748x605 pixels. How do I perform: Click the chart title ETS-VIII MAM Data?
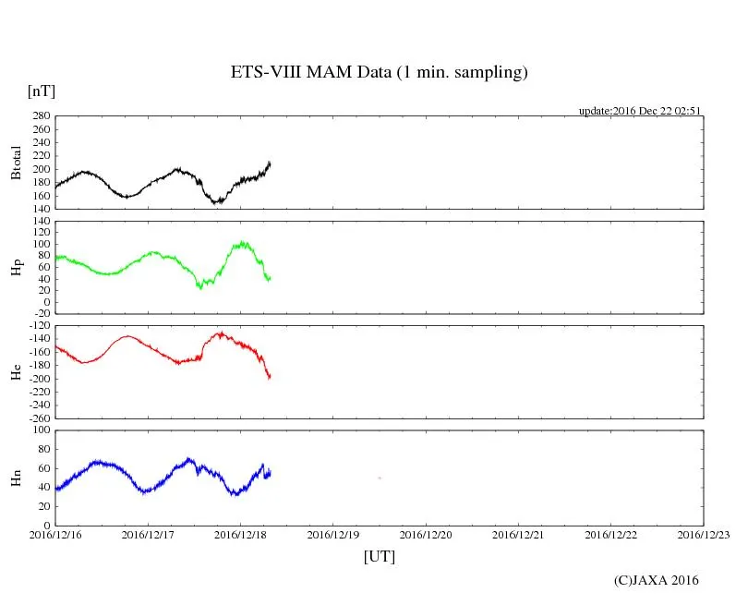click(x=379, y=72)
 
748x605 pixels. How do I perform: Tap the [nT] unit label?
click(x=42, y=91)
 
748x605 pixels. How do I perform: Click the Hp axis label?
click(x=16, y=267)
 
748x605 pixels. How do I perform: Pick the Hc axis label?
click(x=16, y=371)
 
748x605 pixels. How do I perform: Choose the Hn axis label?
click(x=16, y=478)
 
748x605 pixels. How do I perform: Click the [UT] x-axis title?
click(x=379, y=557)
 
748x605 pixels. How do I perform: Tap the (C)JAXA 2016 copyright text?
click(x=657, y=580)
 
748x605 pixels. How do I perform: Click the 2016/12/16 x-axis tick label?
click(x=55, y=534)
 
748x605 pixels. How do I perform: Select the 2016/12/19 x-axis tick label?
click(x=333, y=534)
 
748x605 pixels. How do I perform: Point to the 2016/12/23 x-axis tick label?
click(x=704, y=534)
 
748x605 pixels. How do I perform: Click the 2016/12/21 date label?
click(x=519, y=534)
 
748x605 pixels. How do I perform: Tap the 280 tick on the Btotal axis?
click(x=40, y=116)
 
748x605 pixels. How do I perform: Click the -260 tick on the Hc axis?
click(x=37, y=417)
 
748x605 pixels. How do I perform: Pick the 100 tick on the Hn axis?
click(x=40, y=430)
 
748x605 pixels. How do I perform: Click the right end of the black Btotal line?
click(x=270, y=163)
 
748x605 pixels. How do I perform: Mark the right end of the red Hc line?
click(x=270, y=377)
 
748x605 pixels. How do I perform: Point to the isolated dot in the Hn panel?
click(x=380, y=478)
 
